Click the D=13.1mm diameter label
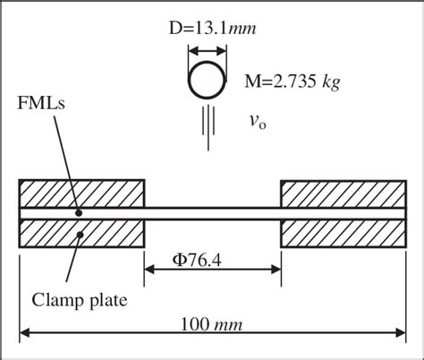212,29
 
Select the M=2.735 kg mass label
292,81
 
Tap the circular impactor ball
207,80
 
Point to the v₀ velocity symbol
258,122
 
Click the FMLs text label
41,103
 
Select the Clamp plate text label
80,300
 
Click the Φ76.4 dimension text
197,261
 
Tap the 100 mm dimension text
211,324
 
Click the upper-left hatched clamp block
81,193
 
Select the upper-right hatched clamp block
343,193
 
